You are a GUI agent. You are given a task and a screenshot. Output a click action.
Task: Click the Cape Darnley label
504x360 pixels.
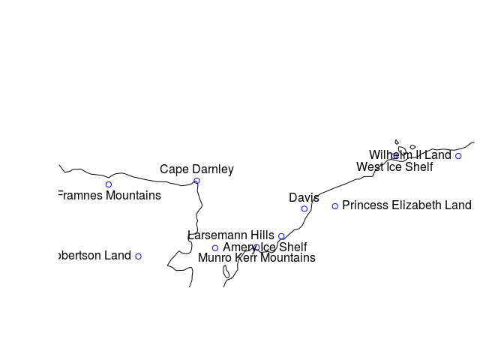point(196,169)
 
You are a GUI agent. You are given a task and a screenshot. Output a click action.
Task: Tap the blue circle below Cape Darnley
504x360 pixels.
point(196,181)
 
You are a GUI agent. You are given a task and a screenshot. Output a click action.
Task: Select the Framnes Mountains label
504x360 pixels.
point(109,196)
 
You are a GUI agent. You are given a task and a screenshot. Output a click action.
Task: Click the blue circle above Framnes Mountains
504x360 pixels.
point(109,184)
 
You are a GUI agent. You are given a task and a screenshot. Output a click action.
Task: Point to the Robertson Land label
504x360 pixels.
point(94,256)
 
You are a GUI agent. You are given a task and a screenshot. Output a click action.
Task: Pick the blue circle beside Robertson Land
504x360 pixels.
point(138,256)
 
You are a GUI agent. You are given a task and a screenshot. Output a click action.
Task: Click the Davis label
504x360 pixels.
point(304,198)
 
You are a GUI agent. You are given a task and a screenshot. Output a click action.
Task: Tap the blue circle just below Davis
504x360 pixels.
point(304,209)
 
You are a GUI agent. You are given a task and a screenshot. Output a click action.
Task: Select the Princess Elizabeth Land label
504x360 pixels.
point(406,205)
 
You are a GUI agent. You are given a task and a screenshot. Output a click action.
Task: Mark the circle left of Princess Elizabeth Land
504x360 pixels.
point(335,205)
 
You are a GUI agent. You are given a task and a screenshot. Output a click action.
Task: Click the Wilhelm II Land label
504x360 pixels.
point(409,155)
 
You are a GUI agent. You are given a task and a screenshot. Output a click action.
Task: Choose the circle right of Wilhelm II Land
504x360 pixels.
point(458,156)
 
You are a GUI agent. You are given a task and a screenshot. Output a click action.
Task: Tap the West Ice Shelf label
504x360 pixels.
point(394,167)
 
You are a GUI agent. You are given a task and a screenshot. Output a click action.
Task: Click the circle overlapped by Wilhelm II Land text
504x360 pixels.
point(395,156)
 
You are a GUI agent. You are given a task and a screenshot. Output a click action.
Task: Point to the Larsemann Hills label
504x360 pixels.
point(231,235)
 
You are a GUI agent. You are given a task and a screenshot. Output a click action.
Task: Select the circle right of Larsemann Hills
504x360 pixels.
point(281,236)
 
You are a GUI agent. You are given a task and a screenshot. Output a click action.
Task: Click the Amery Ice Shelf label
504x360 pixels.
point(265,247)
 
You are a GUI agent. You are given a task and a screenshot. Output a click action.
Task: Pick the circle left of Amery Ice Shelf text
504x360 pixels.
point(215,247)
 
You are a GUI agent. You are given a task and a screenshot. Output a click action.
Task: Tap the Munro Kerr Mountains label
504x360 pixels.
point(256,258)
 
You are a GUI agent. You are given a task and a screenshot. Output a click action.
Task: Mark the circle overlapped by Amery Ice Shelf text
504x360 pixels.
point(256,247)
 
